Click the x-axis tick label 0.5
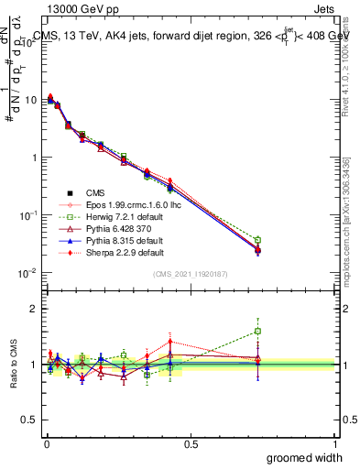(x=190, y=443)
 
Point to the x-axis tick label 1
(x=334, y=443)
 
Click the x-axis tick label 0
(x=45, y=443)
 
